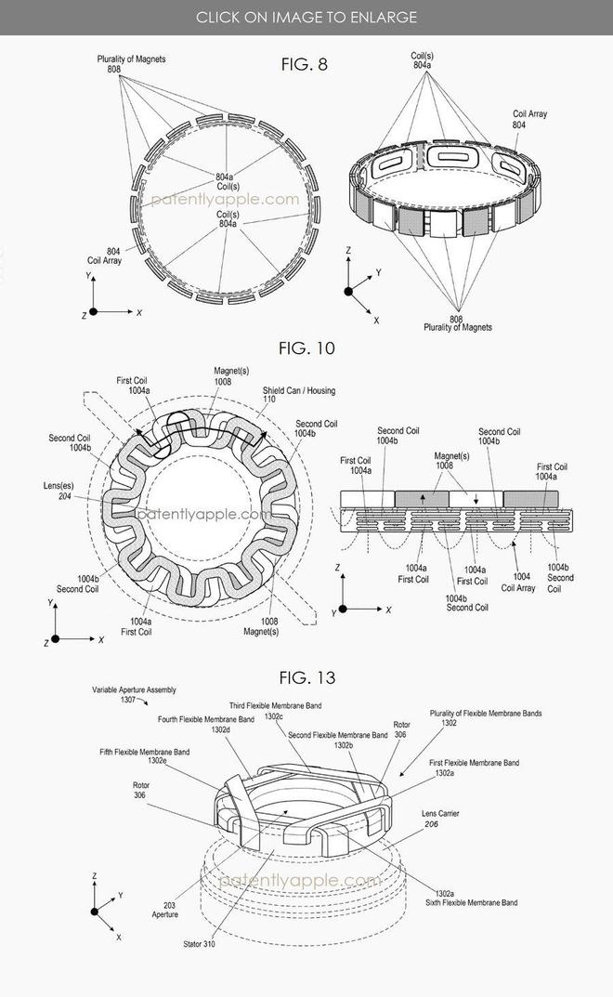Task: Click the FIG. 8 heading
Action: pyautogui.click(x=304, y=64)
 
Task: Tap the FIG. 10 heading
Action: pyautogui.click(x=306, y=348)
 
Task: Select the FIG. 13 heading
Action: pyautogui.click(x=307, y=677)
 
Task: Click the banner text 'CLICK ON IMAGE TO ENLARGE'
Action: pyautogui.click(x=306, y=17)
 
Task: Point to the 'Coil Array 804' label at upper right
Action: pyautogui.click(x=529, y=120)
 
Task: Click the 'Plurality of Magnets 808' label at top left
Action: pyautogui.click(x=131, y=63)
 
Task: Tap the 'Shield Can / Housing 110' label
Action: pyautogui.click(x=299, y=395)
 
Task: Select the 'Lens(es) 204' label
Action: pyautogui.click(x=59, y=491)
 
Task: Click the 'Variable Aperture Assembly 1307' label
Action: pyautogui.click(x=134, y=694)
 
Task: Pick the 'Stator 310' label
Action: pyautogui.click(x=199, y=944)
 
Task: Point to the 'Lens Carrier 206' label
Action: pyautogui.click(x=440, y=819)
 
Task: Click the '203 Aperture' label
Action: pyautogui.click(x=165, y=910)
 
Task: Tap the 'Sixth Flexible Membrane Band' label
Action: pyautogui.click(x=471, y=902)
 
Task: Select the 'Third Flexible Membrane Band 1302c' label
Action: pyautogui.click(x=275, y=711)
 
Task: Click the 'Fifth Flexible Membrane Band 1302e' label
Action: pyautogui.click(x=144, y=756)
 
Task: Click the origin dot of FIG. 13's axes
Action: pyautogui.click(x=94, y=912)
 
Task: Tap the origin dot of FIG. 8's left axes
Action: pyautogui.click(x=93, y=312)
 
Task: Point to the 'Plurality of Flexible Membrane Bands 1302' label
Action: pyautogui.click(x=486, y=718)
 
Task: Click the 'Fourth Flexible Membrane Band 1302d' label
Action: pyautogui.click(x=206, y=724)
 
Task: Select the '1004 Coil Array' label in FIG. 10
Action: pyautogui.click(x=518, y=583)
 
